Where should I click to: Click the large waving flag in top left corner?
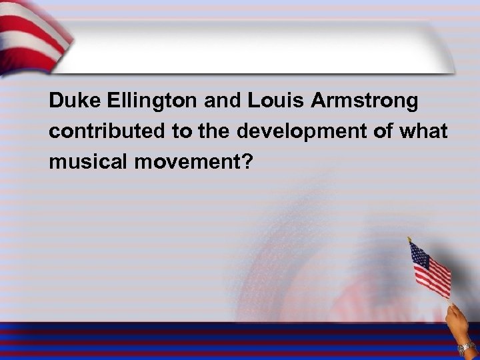coord(33,30)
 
